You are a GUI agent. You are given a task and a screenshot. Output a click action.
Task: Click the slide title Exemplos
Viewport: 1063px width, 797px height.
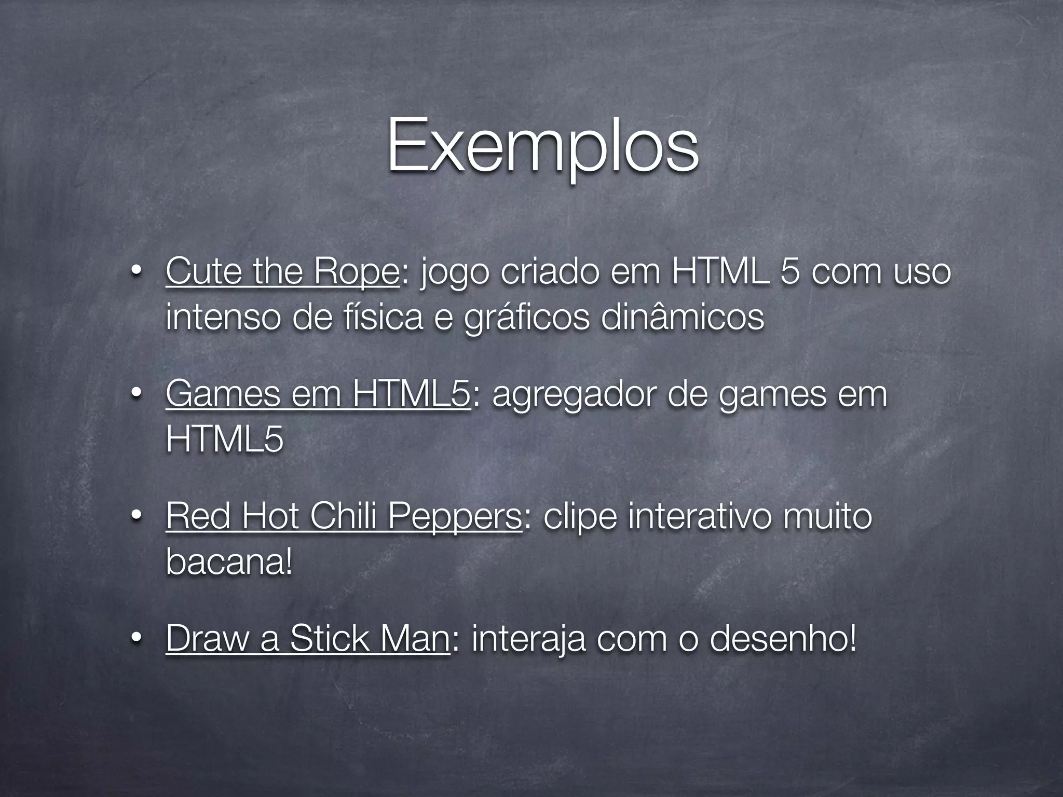[x=542, y=147]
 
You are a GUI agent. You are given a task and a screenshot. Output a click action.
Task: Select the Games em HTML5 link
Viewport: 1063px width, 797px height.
[x=318, y=394]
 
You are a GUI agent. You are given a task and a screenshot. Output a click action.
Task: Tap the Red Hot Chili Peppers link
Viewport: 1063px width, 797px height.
[x=344, y=517]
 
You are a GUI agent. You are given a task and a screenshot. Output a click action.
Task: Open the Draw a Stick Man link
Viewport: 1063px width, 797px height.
[x=308, y=639]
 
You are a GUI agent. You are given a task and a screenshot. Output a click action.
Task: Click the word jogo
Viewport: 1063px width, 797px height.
[x=454, y=272]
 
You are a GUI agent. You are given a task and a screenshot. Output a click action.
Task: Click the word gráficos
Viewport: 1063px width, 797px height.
[x=526, y=318]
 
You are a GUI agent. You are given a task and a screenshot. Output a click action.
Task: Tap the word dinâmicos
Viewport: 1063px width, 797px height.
[x=682, y=317]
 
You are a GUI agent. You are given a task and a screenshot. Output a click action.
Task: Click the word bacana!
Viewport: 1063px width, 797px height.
[x=229, y=561]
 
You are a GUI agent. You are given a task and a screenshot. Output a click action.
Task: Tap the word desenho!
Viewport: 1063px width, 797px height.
[x=782, y=639]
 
